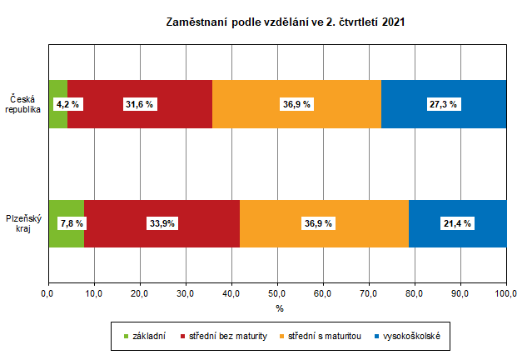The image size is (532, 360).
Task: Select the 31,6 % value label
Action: click(139, 104)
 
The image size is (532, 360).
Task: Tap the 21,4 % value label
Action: click(456, 223)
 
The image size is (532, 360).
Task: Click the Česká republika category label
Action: click(22, 104)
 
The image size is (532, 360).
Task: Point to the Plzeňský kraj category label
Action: click(22, 223)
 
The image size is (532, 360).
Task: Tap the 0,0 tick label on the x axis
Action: click(47, 293)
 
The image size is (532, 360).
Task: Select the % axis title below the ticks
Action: click(279, 308)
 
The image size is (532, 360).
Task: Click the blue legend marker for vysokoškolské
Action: click(378, 337)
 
